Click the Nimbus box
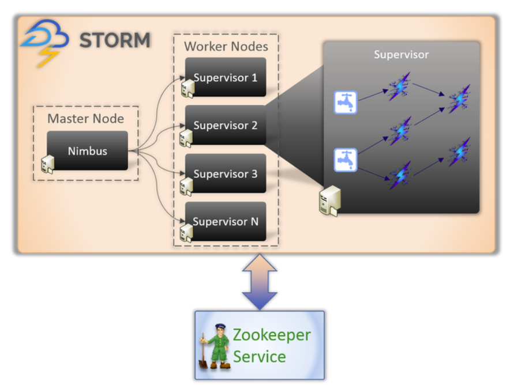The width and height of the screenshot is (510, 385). [88, 151]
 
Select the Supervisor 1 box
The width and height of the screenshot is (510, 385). [226, 77]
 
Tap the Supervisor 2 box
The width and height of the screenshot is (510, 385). [226, 125]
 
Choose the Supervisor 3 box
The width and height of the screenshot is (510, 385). [226, 173]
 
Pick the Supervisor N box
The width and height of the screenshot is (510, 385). [226, 221]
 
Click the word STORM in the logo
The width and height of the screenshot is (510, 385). [115, 40]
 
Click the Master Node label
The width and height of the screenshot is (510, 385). [85, 119]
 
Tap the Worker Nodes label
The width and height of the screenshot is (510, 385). [226, 46]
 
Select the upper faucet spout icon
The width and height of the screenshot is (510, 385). [346, 102]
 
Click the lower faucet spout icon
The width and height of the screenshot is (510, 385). [346, 160]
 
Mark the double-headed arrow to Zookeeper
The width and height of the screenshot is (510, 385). [260, 282]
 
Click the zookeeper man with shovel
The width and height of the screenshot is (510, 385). [214, 345]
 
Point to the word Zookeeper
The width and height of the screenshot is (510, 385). [271, 334]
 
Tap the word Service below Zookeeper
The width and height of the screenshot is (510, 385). [259, 357]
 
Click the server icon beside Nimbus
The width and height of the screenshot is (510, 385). [48, 164]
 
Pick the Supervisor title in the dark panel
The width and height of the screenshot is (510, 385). [401, 55]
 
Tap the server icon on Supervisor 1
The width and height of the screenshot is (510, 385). [186, 88]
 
